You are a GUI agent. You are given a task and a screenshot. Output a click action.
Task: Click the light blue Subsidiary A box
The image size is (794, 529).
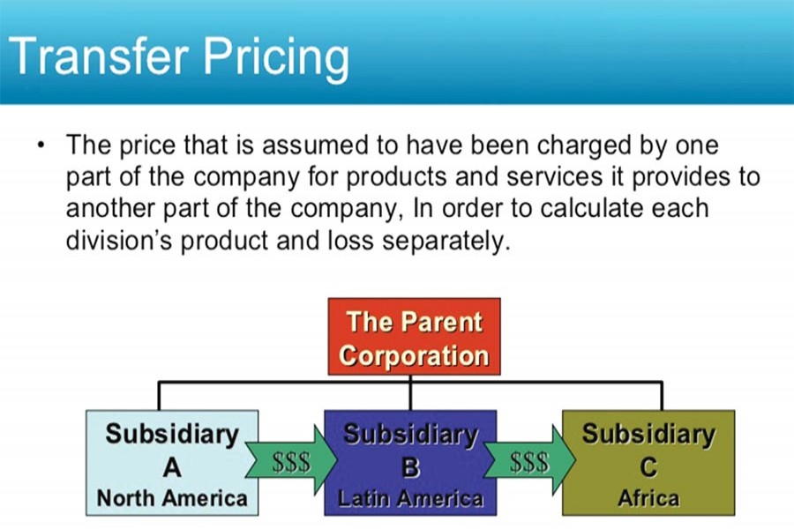[172, 463]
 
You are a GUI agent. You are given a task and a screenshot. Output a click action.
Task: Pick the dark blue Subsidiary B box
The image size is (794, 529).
[410, 463]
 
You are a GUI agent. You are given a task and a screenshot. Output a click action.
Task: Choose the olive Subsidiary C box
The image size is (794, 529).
[648, 463]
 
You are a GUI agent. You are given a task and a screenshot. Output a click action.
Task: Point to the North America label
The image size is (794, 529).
[172, 498]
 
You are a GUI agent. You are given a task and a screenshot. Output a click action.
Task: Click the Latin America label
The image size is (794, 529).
[410, 498]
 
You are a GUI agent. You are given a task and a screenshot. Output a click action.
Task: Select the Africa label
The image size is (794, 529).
[648, 498]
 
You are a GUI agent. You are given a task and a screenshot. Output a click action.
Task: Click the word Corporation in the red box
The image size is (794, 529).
[413, 356]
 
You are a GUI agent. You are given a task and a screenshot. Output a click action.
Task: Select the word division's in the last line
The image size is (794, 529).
[124, 241]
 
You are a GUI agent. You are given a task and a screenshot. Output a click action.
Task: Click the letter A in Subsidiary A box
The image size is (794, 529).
[172, 466]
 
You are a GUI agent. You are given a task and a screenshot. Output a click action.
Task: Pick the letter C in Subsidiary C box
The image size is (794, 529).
[648, 466]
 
